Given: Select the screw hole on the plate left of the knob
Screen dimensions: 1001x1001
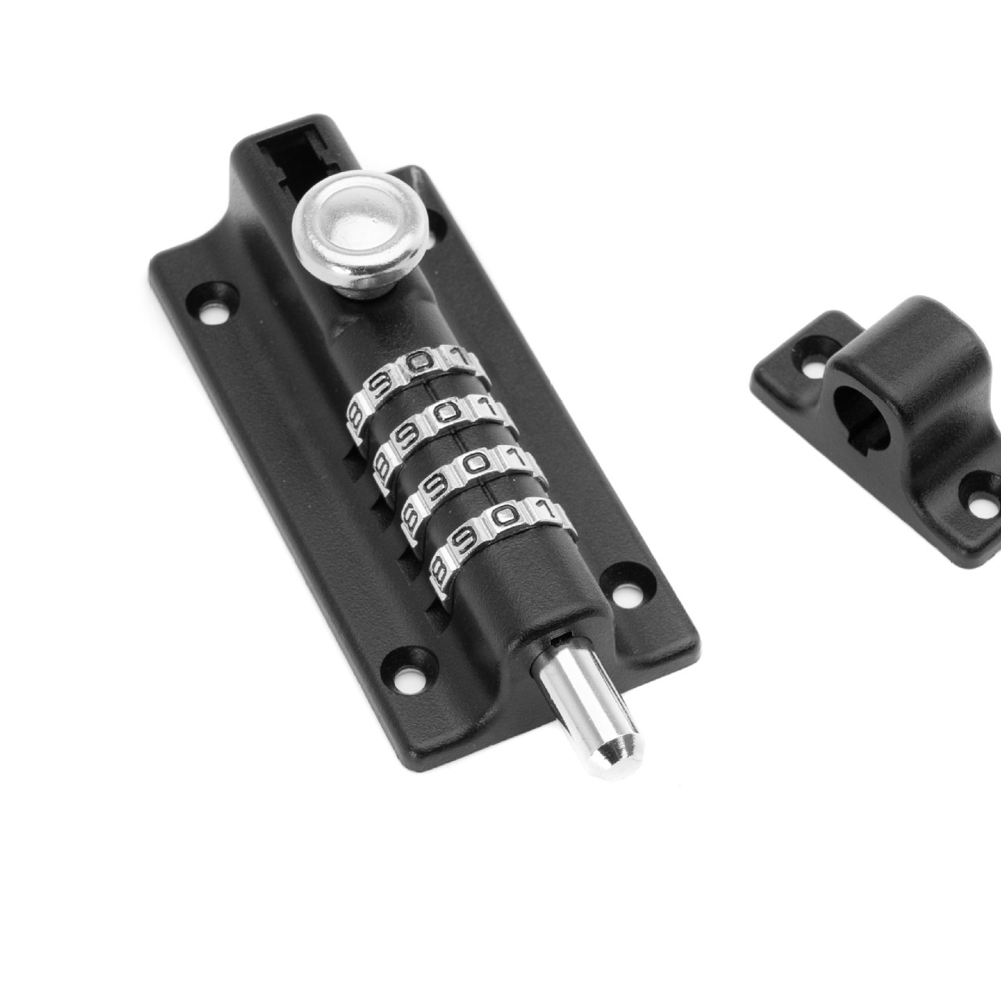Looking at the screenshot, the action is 213,313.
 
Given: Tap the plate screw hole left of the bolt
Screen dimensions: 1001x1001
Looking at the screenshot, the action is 407,675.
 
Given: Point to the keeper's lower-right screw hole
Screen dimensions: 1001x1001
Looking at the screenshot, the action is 981,499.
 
